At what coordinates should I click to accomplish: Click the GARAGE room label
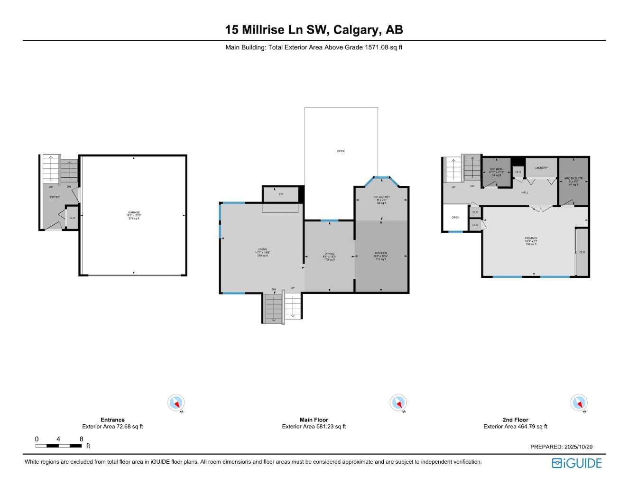pyautogui.click(x=134, y=213)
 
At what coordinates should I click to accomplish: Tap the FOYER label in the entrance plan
pyautogui.click(x=55, y=197)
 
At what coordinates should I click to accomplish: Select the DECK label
pyautogui.click(x=341, y=151)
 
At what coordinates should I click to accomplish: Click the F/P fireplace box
pyautogui.click(x=281, y=194)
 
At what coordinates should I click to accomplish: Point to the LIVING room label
pyautogui.click(x=262, y=249)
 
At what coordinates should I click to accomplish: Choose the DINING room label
pyautogui.click(x=329, y=254)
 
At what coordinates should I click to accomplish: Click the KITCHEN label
pyautogui.click(x=381, y=253)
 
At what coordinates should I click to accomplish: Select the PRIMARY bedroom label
pyautogui.click(x=531, y=238)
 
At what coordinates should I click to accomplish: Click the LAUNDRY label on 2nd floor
pyautogui.click(x=541, y=168)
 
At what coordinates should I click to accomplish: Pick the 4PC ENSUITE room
pyautogui.click(x=573, y=179)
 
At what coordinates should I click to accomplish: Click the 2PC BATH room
pyautogui.click(x=496, y=170)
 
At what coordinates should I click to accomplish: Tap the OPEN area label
pyautogui.click(x=455, y=218)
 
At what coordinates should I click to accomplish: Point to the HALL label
pyautogui.click(x=525, y=192)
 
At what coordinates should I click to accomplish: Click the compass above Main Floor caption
pyautogui.click(x=398, y=403)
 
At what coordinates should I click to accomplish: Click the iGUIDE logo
pyautogui.click(x=576, y=463)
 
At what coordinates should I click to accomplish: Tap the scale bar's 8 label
pyautogui.click(x=82, y=439)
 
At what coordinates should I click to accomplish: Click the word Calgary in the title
pyautogui.click(x=357, y=30)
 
